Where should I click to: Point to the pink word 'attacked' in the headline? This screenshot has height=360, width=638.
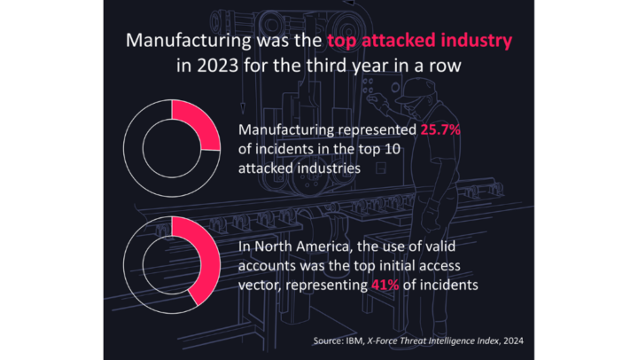point(395,41)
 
